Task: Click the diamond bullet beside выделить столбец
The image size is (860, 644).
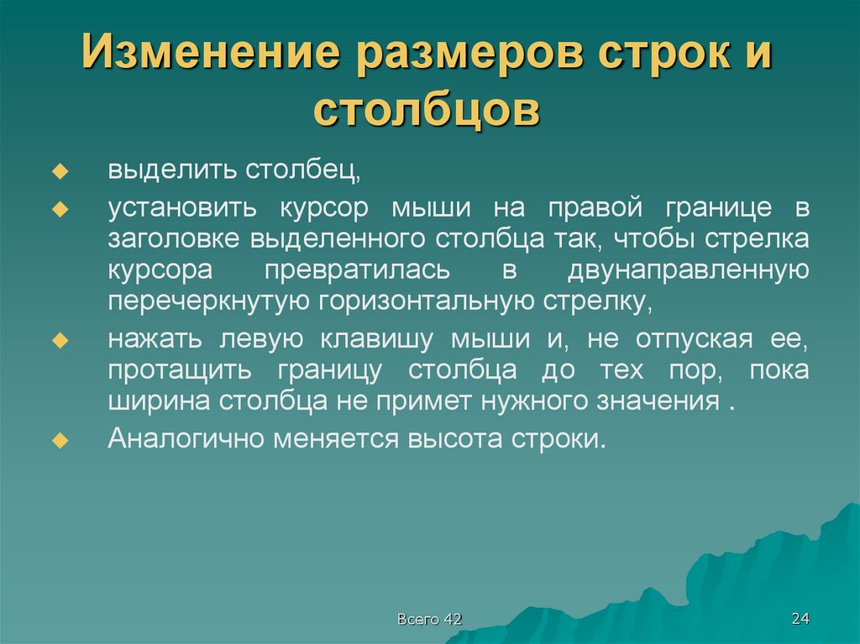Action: [x=60, y=171]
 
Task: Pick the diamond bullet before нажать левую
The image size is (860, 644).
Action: [x=60, y=340]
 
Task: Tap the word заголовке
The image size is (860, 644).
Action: [x=174, y=238]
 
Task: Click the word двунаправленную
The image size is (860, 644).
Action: [x=688, y=270]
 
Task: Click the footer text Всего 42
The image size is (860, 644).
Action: [x=430, y=620]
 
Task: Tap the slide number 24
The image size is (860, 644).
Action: [x=800, y=619]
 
